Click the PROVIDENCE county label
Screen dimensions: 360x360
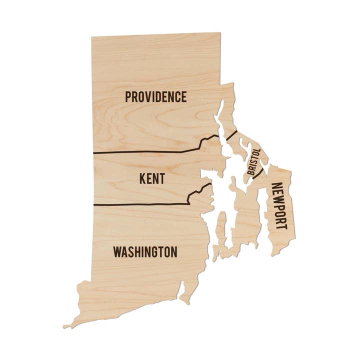coord(155,96)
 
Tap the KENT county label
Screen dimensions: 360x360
coord(152,178)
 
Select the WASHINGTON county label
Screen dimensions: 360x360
coord(145,251)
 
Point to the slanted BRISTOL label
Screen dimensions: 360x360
coord(254,161)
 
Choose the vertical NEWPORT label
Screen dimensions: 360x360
coord(279,206)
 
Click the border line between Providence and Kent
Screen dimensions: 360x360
coord(145,151)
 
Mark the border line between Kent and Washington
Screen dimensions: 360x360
coord(140,204)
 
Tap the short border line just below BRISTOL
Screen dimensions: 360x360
coord(258,173)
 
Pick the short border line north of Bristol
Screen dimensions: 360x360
coord(231,135)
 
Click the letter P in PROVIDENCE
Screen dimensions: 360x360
coord(128,96)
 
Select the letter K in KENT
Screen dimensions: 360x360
coord(142,178)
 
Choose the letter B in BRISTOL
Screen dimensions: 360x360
coord(250,172)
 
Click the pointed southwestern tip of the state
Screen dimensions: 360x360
coord(64,326)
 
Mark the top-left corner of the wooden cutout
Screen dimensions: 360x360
coord(92,37)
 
